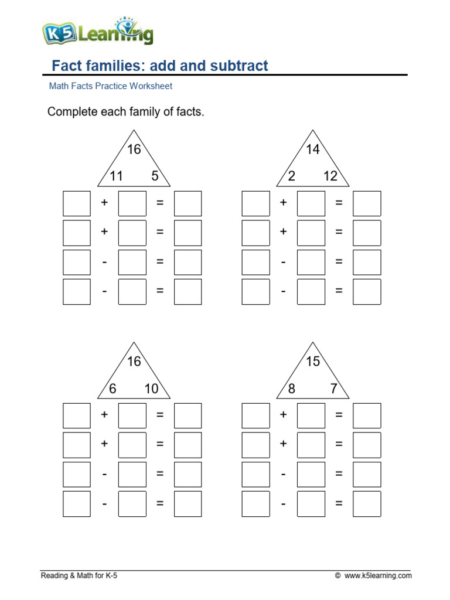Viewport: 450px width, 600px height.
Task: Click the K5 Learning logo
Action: click(98, 33)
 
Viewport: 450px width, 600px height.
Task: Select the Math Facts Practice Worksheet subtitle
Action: click(110, 86)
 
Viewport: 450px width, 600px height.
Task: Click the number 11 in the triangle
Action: click(116, 176)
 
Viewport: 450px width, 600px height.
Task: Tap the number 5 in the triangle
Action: click(155, 176)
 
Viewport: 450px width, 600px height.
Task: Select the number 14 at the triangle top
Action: click(313, 149)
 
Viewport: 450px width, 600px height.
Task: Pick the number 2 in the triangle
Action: click(292, 176)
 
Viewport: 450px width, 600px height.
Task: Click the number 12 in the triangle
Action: click(330, 176)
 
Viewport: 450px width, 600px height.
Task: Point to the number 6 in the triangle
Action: click(112, 388)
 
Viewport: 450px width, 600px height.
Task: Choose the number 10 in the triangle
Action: click(151, 388)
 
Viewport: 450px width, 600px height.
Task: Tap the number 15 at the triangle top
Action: click(313, 362)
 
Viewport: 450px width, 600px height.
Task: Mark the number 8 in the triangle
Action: click(292, 388)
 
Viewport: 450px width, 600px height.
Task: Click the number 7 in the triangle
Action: click(334, 388)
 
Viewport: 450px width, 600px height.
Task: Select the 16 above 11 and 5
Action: click(134, 149)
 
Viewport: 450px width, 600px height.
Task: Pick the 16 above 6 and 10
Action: click(134, 362)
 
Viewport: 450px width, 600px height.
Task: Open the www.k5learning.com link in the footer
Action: click(378, 576)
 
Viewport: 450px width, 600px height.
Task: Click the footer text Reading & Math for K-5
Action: click(79, 576)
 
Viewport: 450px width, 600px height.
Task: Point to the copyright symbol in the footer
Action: click(337, 576)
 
